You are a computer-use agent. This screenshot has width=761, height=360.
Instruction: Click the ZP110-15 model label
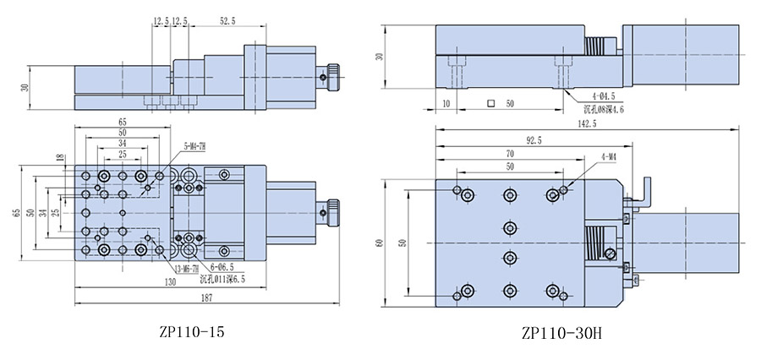[192, 332]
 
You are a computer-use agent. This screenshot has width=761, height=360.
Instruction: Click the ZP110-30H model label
[561, 333]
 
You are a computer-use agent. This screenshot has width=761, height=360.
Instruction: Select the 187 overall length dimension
[207, 299]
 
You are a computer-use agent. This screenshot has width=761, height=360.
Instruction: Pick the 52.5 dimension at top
[228, 21]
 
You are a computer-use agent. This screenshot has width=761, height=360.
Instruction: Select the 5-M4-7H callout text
[195, 145]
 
